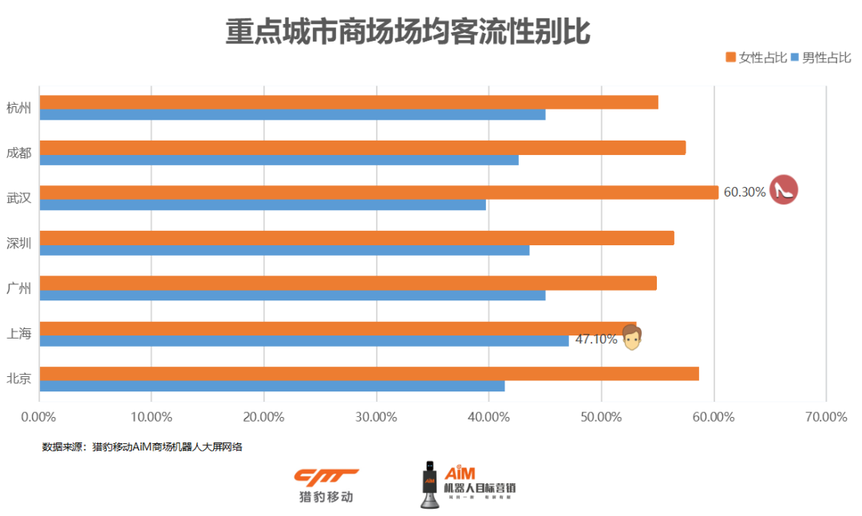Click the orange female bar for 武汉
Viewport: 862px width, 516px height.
(379, 193)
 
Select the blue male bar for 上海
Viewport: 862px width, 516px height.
(304, 340)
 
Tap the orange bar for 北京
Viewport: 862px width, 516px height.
(369, 374)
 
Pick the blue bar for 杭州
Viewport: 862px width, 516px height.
(292, 114)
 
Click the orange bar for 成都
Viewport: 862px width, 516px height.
(362, 148)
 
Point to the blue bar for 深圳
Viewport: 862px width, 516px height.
(284, 250)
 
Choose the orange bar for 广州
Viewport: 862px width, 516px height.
(348, 284)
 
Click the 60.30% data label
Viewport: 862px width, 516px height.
(745, 192)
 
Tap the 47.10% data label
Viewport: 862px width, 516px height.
(596, 339)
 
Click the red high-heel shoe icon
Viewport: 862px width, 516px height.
(784, 190)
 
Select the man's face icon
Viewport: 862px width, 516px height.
(632, 338)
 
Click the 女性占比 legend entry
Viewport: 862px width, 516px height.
(757, 58)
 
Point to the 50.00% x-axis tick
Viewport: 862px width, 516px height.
(602, 417)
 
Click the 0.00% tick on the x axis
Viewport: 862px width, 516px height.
(39, 417)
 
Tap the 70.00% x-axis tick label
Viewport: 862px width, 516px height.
(826, 417)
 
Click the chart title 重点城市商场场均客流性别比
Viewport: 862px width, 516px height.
(408, 33)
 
